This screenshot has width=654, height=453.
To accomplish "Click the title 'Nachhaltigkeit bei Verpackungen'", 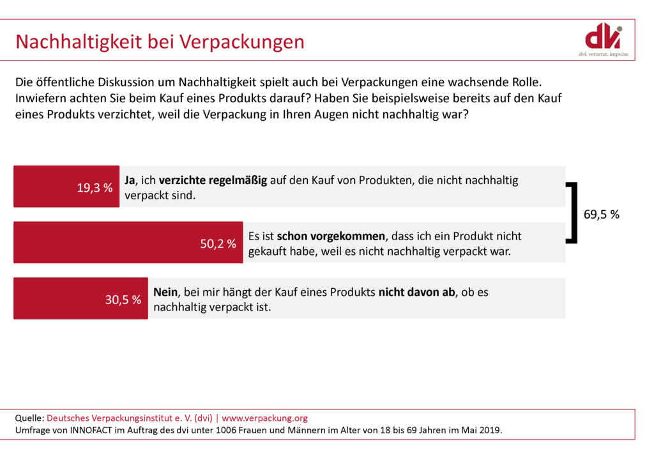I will (x=160, y=42).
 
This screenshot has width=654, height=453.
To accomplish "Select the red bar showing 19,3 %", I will (x=66, y=187).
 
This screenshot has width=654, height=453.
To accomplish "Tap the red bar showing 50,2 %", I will (x=128, y=243).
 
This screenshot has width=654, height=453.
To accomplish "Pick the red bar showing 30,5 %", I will (x=80, y=298).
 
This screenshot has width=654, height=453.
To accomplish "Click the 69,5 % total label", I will (x=602, y=215).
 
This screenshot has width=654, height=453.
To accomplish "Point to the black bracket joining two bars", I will (x=574, y=213).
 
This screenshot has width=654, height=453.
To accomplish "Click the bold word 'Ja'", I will (x=130, y=180).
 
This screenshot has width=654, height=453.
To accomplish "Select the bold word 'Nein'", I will (x=165, y=292).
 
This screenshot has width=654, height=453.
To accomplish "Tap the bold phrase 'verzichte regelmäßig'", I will (x=213, y=180).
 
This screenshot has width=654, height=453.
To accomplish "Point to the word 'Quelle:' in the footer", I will (x=29, y=418).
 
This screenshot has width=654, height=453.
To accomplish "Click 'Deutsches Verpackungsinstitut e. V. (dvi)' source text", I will (x=130, y=418).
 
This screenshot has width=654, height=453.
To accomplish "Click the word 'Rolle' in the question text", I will (x=526, y=82).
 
